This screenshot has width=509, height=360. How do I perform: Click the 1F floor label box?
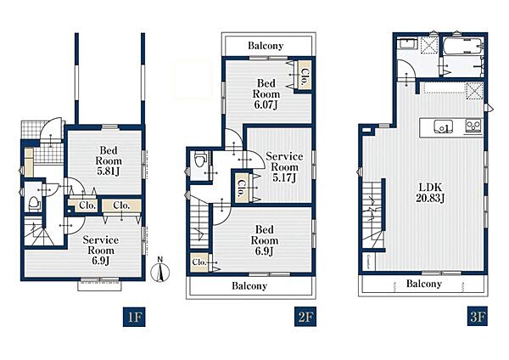tap(134, 317)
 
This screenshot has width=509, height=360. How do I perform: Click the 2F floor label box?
tap(305, 317)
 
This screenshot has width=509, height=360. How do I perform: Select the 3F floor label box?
tap(477, 317)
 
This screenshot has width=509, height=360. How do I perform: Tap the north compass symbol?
tap(160, 270)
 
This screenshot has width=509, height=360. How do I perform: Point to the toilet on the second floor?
tap(199, 160)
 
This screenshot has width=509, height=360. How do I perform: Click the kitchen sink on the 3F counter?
tap(444, 126)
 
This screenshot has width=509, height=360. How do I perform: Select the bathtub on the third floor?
tap(463, 46)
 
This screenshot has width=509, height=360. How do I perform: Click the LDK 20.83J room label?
tap(430, 193)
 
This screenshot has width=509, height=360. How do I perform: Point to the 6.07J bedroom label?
tap(266, 94)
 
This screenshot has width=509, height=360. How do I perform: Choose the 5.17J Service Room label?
tap(284, 167)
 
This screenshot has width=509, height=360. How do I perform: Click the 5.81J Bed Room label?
tap(109, 160)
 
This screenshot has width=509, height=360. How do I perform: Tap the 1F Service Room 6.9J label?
tap(100, 250)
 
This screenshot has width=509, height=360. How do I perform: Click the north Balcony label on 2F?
tap(266, 46)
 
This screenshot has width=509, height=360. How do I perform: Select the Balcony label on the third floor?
tap(424, 284)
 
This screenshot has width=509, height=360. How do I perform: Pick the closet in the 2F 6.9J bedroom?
tap(199, 262)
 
